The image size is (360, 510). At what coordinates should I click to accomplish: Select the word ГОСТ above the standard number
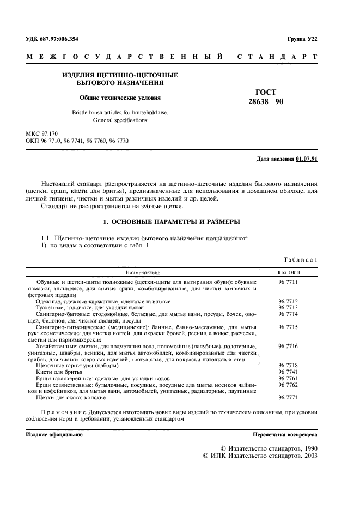click(x=266, y=92)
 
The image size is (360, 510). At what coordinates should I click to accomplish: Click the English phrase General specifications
click(x=120, y=120)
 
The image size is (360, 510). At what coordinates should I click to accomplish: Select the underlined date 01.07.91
click(x=307, y=159)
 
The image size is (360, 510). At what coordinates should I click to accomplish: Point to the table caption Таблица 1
click(x=301, y=259)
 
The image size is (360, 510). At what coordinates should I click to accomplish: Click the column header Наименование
click(x=143, y=271)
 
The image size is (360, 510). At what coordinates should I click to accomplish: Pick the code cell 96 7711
click(x=289, y=282)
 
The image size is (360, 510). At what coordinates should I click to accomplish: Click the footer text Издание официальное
click(x=54, y=435)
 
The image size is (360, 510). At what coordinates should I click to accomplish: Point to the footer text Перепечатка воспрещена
click(x=284, y=435)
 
